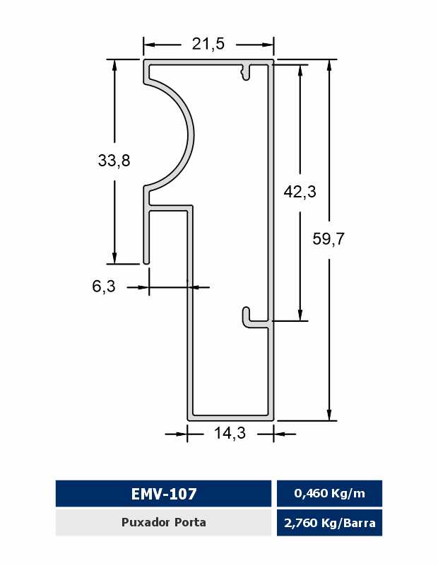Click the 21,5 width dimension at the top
(208, 44)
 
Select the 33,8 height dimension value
(114, 161)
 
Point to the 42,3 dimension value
(300, 191)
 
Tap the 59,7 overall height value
(328, 238)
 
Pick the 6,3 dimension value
(104, 287)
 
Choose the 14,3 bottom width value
(230, 432)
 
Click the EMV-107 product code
(164, 493)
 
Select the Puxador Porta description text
(164, 522)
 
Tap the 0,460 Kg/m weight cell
(329, 493)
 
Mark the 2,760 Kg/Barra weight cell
(329, 523)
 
